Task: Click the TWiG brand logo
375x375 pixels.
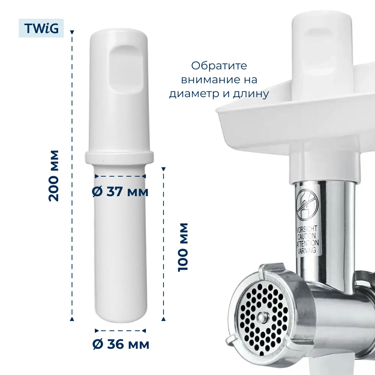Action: (x=41, y=28)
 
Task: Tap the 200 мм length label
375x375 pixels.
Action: (x=54, y=176)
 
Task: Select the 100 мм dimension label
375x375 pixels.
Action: (x=183, y=247)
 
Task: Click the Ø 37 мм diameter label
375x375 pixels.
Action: (x=120, y=191)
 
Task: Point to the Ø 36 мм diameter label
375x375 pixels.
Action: (x=121, y=344)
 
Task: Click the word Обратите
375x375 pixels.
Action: (x=219, y=66)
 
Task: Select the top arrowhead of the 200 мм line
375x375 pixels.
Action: (x=72, y=32)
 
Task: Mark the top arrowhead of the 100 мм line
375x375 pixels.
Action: (x=163, y=169)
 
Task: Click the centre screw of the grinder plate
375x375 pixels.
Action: (x=262, y=317)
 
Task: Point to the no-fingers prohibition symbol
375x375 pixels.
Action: (x=307, y=205)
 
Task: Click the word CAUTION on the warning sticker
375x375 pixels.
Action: (x=307, y=237)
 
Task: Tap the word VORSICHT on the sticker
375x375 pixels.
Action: (x=307, y=229)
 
